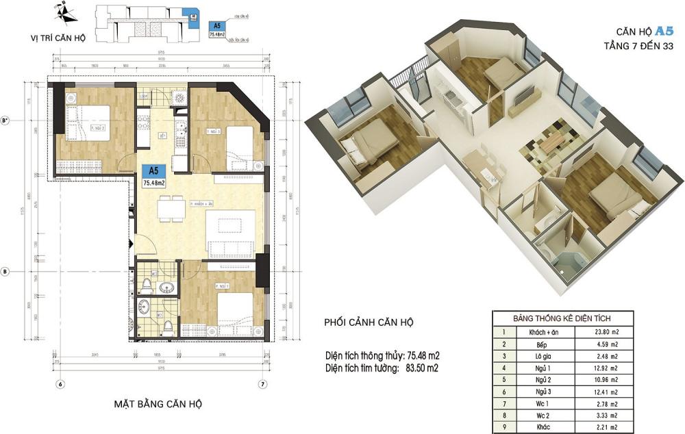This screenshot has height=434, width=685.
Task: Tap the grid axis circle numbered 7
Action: (x=263, y=384)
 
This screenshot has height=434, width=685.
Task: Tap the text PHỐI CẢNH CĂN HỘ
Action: (x=369, y=322)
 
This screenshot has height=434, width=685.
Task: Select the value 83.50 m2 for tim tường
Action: (x=419, y=368)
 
